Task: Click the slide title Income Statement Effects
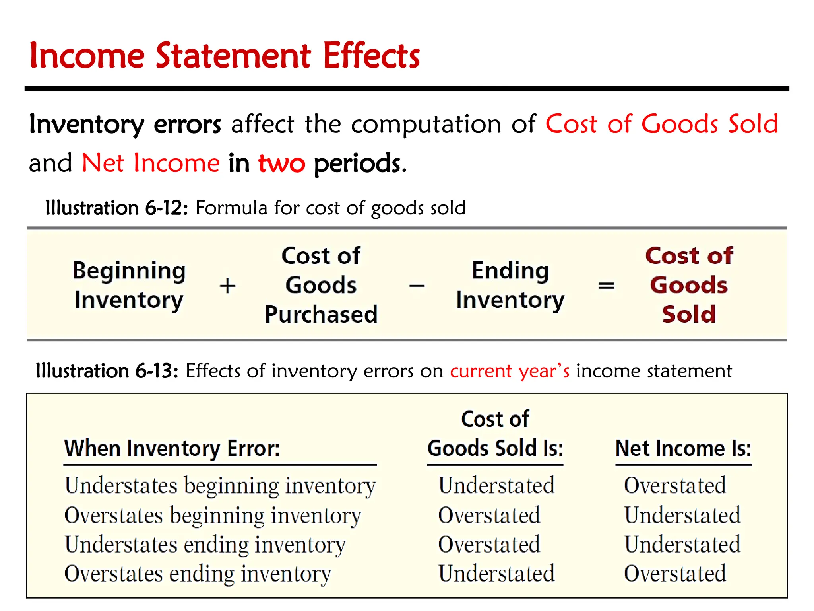coord(225,56)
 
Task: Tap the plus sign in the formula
coord(228,286)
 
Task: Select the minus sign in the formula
coord(417,286)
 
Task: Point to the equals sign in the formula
coord(606,286)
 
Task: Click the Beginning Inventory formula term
coord(129,285)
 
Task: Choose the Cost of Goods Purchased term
coord(321,285)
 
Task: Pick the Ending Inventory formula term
coord(510,285)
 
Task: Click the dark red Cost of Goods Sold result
coord(689,285)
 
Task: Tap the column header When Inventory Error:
coord(172,449)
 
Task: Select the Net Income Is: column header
coord(683,449)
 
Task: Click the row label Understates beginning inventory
coord(220,486)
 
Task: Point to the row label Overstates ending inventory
coord(198,574)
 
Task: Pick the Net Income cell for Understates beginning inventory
coord(675,486)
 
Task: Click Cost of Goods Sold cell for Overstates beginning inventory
coord(489,515)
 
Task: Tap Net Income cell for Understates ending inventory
coord(682,545)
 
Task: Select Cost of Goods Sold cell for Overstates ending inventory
coord(496,574)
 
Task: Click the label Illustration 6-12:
coord(116,208)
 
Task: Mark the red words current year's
coord(510,371)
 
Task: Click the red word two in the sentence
coord(281,163)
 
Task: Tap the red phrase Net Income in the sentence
coord(151,163)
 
